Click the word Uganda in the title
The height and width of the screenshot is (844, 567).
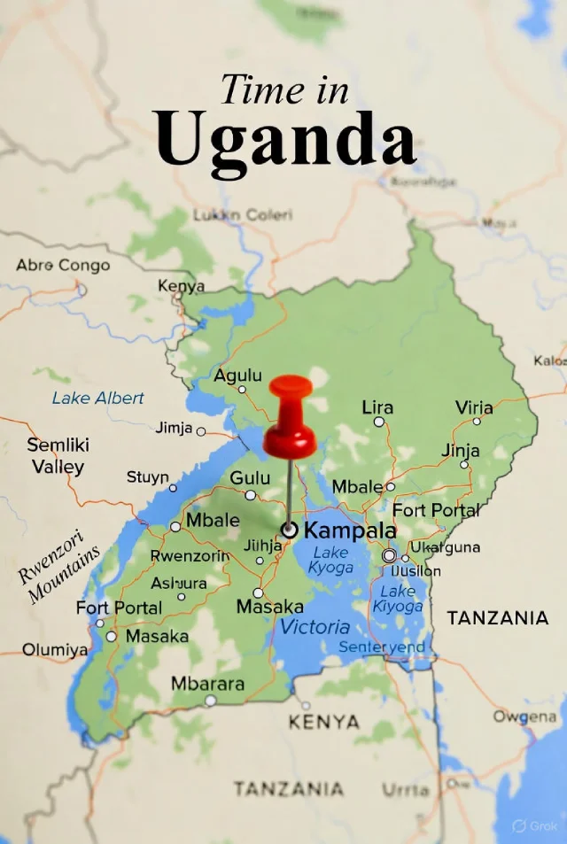[x=285, y=140]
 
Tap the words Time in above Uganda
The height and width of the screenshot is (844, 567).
[x=285, y=89]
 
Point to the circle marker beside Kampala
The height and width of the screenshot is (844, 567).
[x=289, y=530]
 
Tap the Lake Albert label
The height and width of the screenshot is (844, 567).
[x=97, y=398]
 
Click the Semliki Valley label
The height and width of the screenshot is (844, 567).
[x=58, y=456]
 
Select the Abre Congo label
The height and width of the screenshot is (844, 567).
[x=63, y=265]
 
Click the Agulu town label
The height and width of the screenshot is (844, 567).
[x=237, y=376]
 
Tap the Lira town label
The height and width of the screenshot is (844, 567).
[x=377, y=407]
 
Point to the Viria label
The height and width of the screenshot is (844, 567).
[x=474, y=407]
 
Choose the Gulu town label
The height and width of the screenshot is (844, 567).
[x=250, y=478]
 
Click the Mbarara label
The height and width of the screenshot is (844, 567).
[x=207, y=684]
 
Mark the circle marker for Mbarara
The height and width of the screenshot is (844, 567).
[x=210, y=701]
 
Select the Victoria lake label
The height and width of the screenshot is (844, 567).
[x=315, y=627]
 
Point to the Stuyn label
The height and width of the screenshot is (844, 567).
[x=147, y=477]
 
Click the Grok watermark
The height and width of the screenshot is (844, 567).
[x=536, y=825]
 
